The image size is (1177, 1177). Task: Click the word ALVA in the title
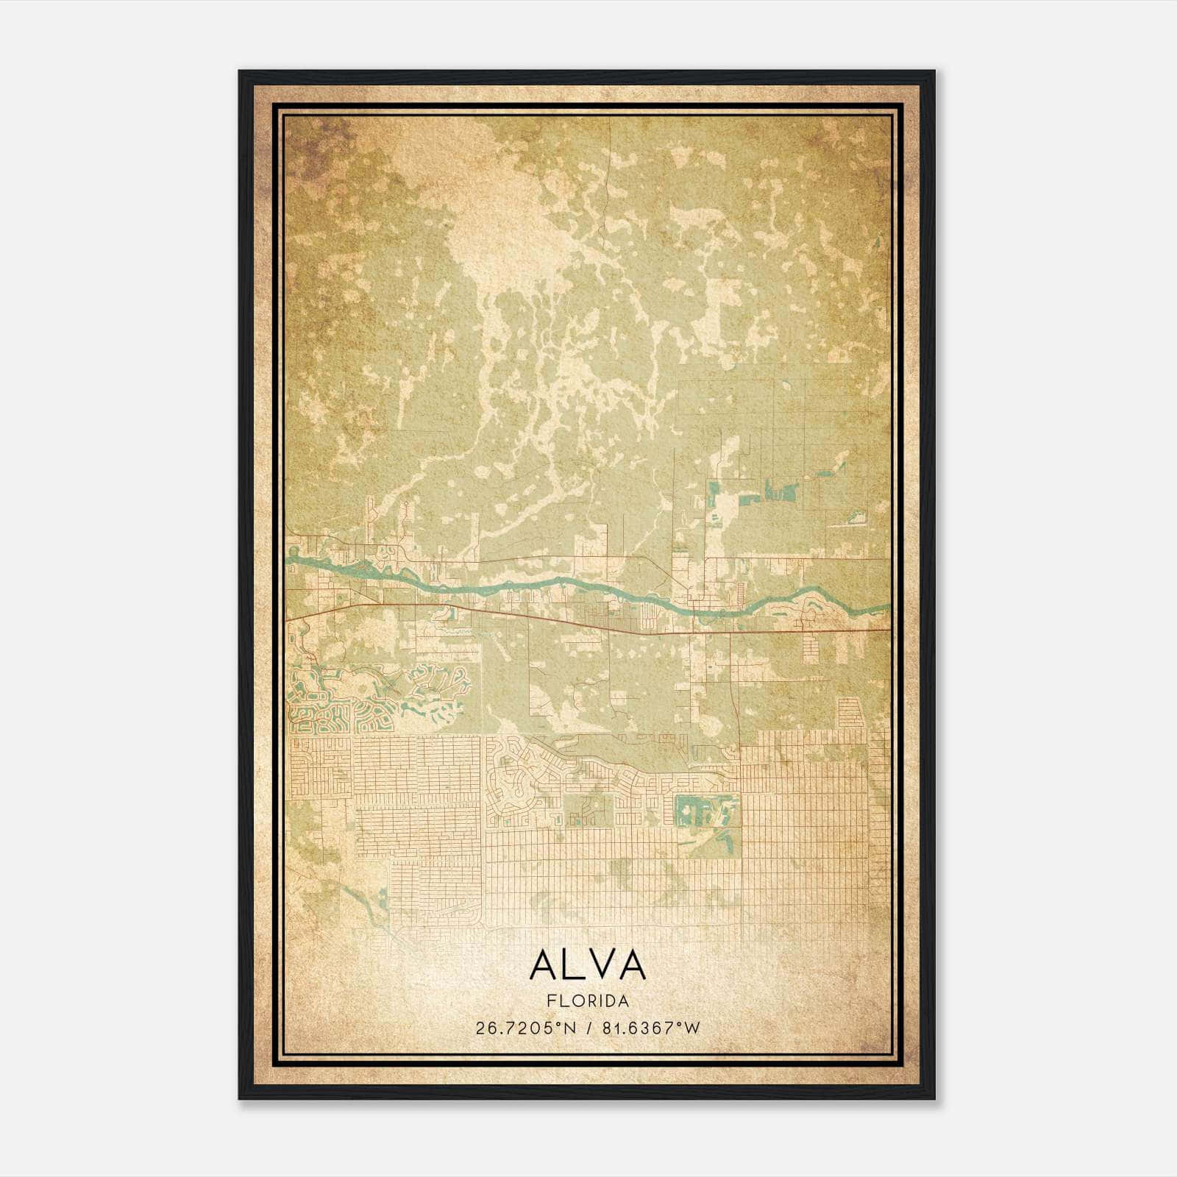587,964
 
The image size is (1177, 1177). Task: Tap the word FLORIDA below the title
587,1001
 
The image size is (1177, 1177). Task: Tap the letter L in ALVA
571,964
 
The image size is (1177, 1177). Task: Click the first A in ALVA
544,964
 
